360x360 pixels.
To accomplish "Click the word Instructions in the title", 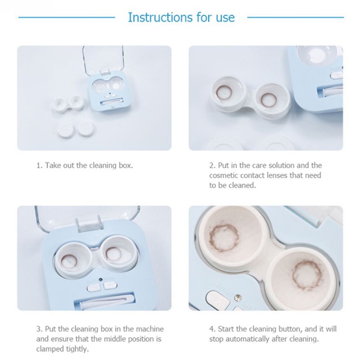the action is pos(161,17).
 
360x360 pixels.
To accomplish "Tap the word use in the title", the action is pos(225,18).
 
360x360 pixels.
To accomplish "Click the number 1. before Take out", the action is pos(40,165).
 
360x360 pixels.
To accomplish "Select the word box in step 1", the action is pos(126,165).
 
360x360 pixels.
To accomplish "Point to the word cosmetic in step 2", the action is pos(224,175).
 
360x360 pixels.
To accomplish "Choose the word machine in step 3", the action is pos(150,329).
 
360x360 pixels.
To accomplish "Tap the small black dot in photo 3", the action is pos(100,279).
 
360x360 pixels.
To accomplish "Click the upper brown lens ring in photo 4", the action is pos(224,237).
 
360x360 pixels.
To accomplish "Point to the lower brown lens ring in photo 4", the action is pos(307,275).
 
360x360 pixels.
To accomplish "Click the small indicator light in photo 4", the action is pos(238,298).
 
